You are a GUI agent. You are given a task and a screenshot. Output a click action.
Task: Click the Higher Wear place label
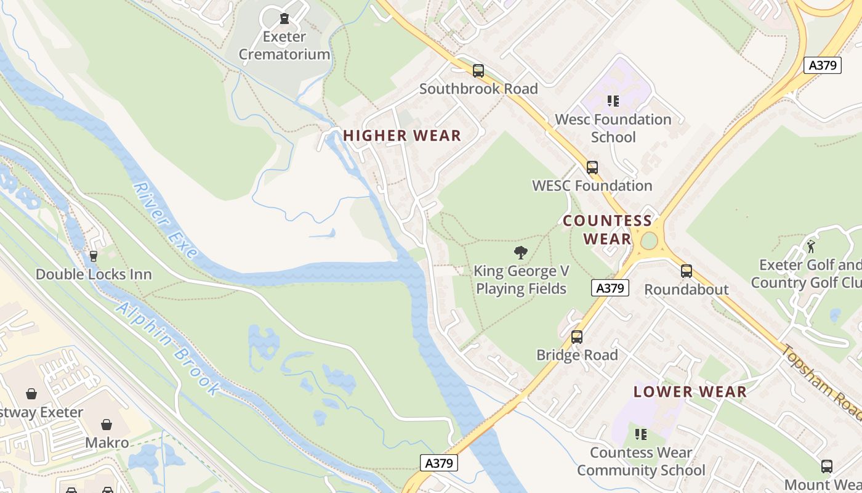[x=401, y=136]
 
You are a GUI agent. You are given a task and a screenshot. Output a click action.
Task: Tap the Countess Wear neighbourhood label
[x=607, y=230]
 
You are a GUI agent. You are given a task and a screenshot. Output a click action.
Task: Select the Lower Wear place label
[x=690, y=391]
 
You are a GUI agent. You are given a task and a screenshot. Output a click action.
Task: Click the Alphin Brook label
[x=167, y=349]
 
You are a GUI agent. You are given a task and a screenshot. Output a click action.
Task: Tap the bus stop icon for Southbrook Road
[x=478, y=71]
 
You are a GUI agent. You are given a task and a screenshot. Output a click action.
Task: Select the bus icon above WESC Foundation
[x=592, y=168]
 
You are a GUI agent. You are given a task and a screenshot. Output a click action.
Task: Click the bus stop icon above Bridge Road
[x=576, y=337]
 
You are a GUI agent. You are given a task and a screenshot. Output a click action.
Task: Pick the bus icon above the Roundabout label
[x=686, y=271]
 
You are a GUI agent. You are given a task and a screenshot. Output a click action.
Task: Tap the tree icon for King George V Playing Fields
[x=521, y=252]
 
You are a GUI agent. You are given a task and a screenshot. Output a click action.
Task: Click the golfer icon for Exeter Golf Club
[x=811, y=247]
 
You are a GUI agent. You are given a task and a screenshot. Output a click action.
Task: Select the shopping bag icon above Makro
[x=107, y=425]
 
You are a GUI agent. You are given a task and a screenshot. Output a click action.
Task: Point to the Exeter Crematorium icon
[x=284, y=19]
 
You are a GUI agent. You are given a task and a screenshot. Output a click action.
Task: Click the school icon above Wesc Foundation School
[x=613, y=100]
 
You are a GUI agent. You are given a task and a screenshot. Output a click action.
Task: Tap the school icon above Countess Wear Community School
[x=640, y=434]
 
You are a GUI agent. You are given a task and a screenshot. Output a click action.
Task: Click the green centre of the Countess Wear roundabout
[x=649, y=241]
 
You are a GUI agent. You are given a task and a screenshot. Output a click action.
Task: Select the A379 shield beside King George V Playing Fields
[x=610, y=287]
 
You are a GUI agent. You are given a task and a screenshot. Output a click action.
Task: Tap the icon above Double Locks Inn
[x=94, y=256]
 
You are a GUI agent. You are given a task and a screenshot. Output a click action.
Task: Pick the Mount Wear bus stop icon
[x=826, y=467]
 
